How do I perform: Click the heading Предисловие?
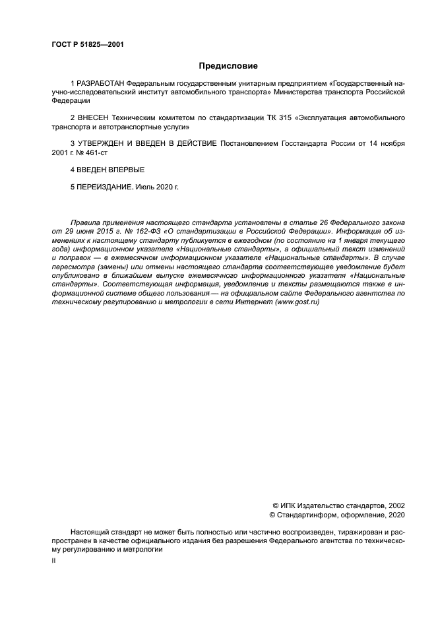pos(228,66)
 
